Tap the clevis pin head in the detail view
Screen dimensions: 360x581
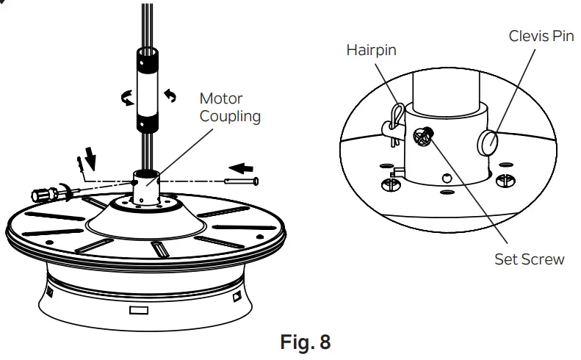pyautogui.click(x=488, y=141)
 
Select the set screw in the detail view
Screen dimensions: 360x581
pyautogui.click(x=424, y=136)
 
